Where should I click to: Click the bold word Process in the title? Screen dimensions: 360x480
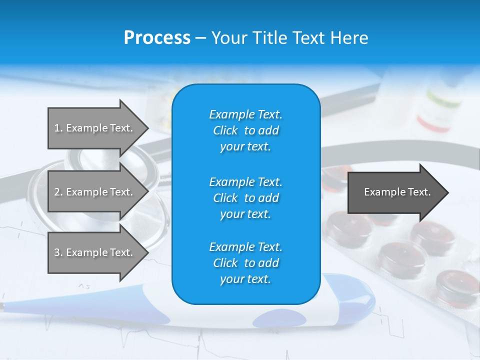[x=156, y=37]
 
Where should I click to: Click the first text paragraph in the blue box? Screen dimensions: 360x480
[x=245, y=130]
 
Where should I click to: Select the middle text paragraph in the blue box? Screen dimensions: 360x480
[x=245, y=198]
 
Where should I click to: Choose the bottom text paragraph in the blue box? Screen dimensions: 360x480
[x=245, y=263]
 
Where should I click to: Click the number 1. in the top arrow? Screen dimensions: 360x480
[x=58, y=128]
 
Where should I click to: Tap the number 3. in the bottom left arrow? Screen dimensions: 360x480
[x=58, y=252]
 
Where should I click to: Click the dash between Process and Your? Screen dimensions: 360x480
[x=200, y=38]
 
